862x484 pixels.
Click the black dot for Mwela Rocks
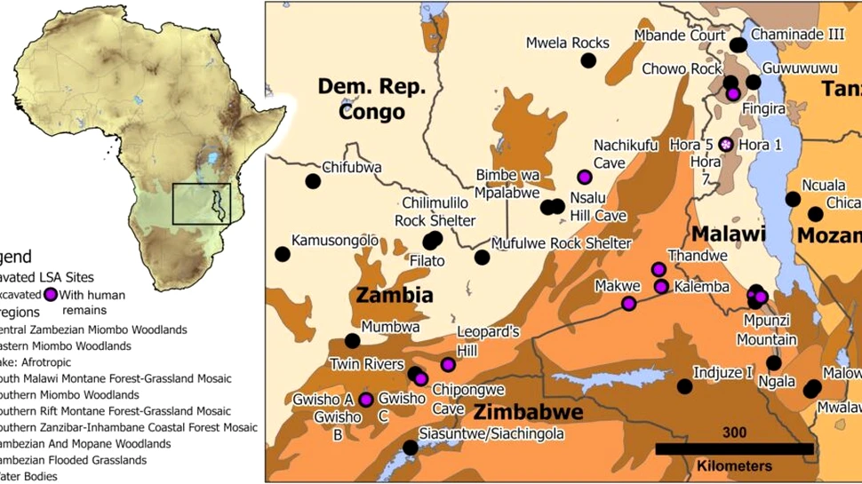point(587,60)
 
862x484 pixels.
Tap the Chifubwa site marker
point(313,181)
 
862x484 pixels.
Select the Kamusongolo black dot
point(283,254)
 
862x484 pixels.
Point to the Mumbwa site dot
point(352,340)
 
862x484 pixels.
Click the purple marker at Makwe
point(628,304)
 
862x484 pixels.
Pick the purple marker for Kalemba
point(661,286)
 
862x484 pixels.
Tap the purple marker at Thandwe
point(658,269)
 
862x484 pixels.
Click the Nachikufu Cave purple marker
point(584,176)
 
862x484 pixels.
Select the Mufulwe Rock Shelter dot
point(482,258)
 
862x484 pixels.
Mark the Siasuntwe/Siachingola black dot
point(410,448)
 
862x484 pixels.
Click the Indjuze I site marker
point(684,386)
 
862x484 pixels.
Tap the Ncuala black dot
point(792,199)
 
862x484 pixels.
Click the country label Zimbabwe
point(528,413)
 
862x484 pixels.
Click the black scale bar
point(734,449)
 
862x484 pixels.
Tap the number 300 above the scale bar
point(734,433)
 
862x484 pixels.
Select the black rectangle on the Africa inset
point(202,204)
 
